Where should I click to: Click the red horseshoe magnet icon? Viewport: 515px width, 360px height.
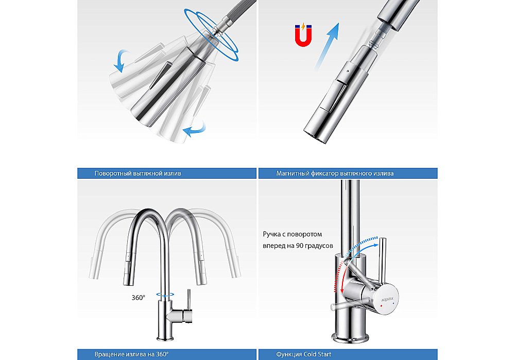click(x=303, y=35)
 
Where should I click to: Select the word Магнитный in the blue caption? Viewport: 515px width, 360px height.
click(x=293, y=174)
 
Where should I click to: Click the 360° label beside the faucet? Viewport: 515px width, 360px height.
click(x=138, y=298)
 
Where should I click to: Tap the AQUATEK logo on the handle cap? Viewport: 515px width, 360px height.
click(x=387, y=299)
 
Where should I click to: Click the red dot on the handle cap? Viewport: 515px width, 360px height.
click(x=381, y=306)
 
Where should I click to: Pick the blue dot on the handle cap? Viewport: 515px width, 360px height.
click(x=393, y=305)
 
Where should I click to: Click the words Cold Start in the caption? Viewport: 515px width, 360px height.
click(x=317, y=354)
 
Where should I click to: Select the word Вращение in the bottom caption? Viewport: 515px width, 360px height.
click(x=109, y=354)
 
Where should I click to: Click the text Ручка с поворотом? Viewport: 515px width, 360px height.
click(x=293, y=234)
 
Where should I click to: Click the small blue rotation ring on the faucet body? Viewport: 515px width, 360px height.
click(x=165, y=295)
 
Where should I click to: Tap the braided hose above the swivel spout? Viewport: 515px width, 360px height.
click(x=239, y=10)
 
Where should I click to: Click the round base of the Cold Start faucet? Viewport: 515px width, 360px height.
click(x=350, y=337)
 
